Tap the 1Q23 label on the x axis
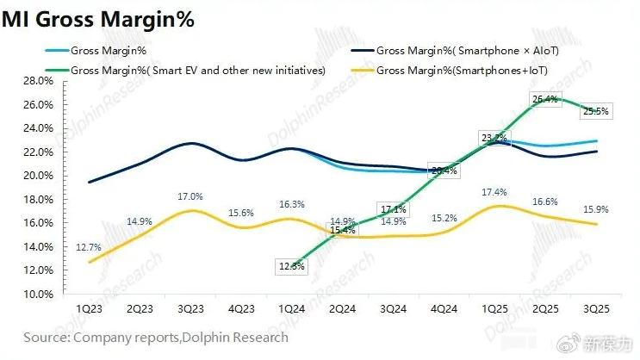[90, 308]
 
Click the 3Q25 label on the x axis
[597, 308]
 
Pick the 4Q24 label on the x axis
[444, 308]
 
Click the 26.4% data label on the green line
[546, 100]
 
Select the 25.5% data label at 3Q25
[596, 111]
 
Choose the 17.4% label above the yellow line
[494, 191]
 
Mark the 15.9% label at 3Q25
[596, 208]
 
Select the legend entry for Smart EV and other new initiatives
[198, 71]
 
